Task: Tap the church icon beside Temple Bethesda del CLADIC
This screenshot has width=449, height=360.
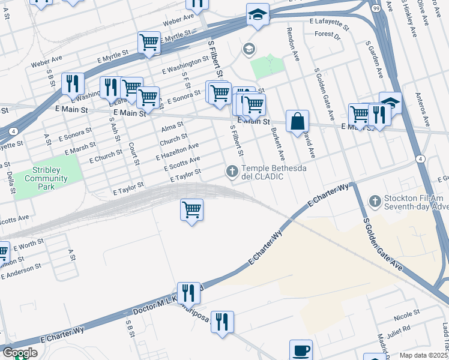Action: [232, 172]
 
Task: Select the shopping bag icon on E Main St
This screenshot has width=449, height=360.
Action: [297, 121]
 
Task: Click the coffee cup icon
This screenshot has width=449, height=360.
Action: [301, 350]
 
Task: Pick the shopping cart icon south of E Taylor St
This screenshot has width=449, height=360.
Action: [191, 210]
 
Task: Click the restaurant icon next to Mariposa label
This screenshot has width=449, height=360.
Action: [222, 322]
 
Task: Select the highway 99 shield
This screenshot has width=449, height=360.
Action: [375, 8]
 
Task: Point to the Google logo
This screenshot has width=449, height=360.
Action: [20, 353]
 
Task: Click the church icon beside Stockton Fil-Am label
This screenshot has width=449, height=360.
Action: [375, 201]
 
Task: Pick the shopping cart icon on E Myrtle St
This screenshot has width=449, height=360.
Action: [149, 43]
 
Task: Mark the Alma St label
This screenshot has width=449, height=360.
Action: [172, 126]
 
